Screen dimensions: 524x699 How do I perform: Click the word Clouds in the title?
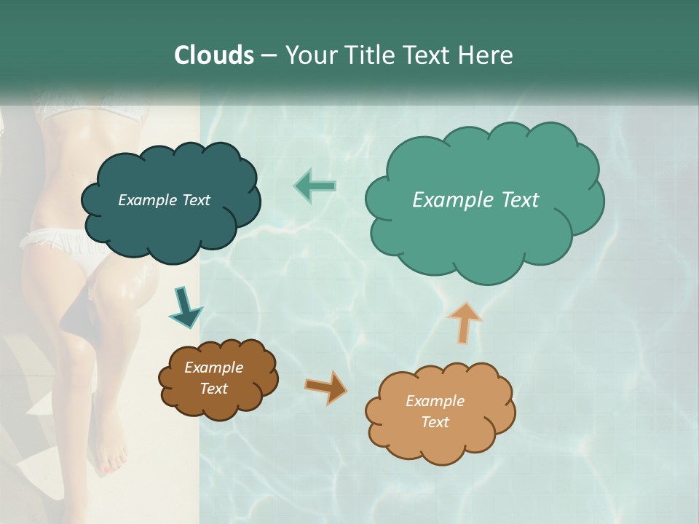click(x=214, y=55)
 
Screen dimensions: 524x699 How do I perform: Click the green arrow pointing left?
click(x=315, y=186)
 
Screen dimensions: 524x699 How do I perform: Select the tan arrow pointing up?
click(x=465, y=322)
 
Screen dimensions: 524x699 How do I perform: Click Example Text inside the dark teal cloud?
click(x=164, y=200)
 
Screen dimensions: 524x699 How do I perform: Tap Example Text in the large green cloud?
click(x=475, y=200)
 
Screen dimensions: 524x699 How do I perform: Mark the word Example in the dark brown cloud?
click(x=213, y=368)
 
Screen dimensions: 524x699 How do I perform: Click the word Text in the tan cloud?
click(x=435, y=422)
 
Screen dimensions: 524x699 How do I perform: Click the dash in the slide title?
click(x=268, y=56)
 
